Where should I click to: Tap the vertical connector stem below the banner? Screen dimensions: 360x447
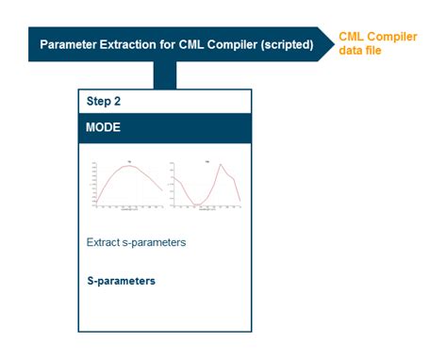click(164, 75)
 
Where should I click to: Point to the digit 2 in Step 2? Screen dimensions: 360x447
click(120, 101)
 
